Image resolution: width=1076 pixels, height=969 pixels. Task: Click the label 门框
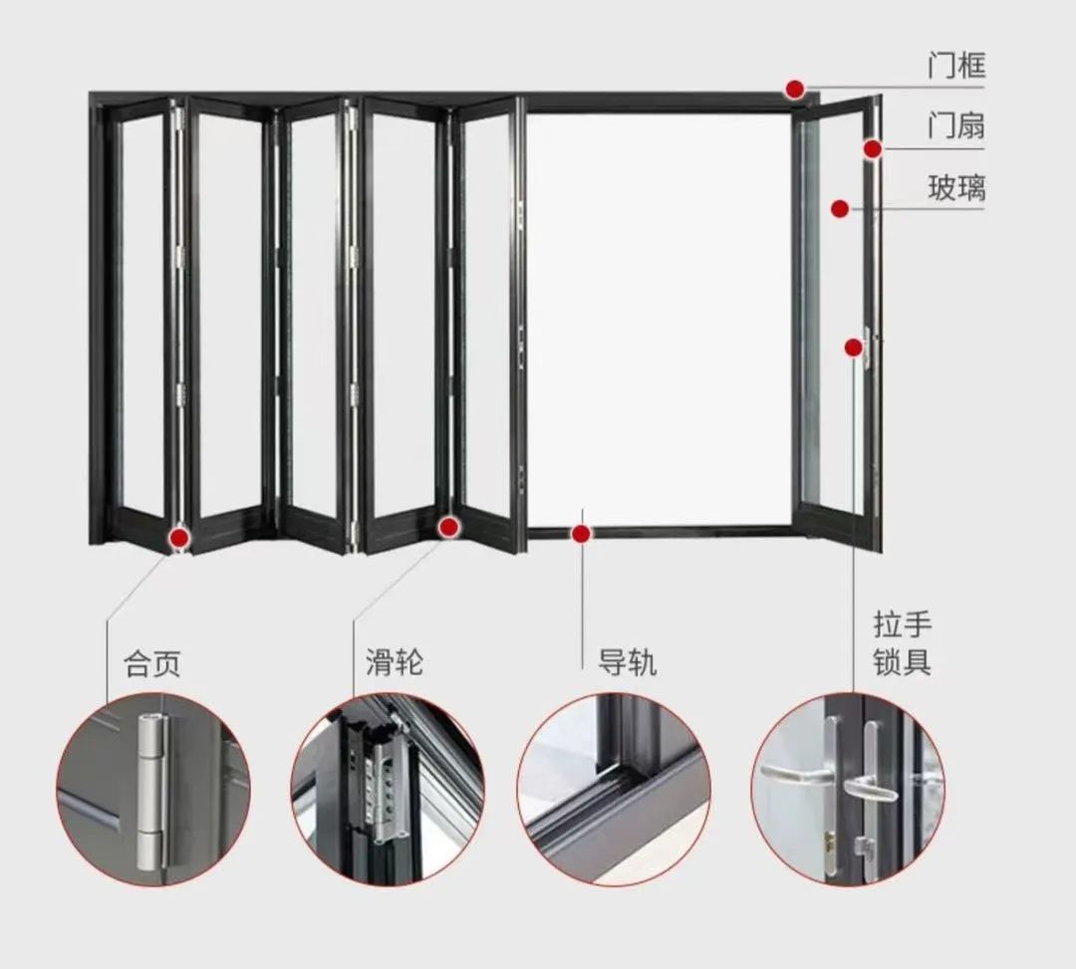955,67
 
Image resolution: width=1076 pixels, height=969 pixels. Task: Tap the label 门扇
955,126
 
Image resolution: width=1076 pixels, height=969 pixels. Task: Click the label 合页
152,663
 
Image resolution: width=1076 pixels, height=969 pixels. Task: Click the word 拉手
902,626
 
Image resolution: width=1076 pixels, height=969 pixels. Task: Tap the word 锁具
902,663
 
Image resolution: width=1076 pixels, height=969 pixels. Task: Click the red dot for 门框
794,90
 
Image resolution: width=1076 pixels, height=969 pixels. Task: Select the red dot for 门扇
873,149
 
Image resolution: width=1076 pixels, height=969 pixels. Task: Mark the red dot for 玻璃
840,209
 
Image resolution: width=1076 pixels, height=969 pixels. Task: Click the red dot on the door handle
854,347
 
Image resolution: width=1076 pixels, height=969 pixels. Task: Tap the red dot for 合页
179,539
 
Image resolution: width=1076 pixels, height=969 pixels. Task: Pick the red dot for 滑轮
449,527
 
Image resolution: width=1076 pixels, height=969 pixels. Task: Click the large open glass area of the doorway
658,319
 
